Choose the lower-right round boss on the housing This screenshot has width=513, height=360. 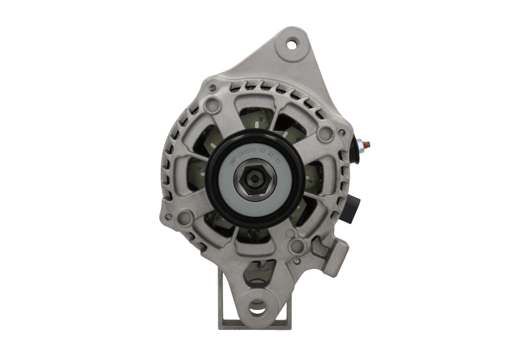[298, 246]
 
